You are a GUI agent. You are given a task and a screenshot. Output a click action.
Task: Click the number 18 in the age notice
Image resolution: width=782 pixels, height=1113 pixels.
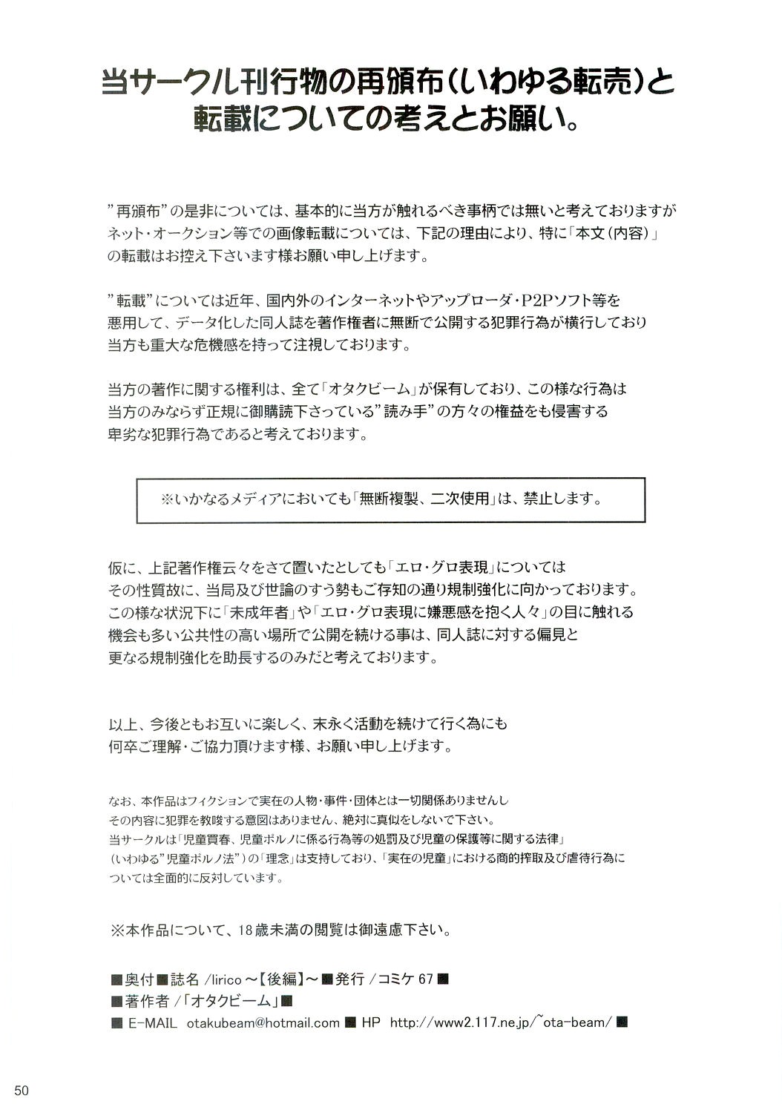248,929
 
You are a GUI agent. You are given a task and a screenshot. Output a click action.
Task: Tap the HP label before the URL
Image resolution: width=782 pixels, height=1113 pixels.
371,1022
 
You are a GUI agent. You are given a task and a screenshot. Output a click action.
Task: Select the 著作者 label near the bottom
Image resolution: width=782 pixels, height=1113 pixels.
147,1000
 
